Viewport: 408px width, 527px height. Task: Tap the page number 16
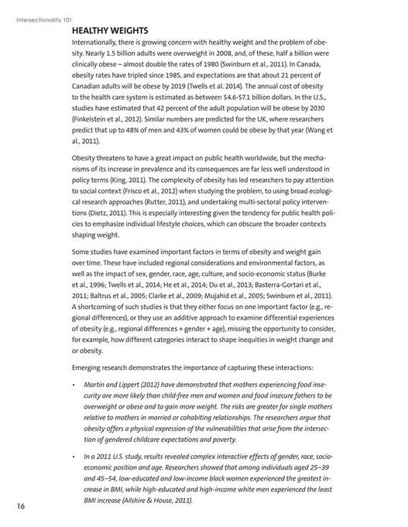click(21, 506)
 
